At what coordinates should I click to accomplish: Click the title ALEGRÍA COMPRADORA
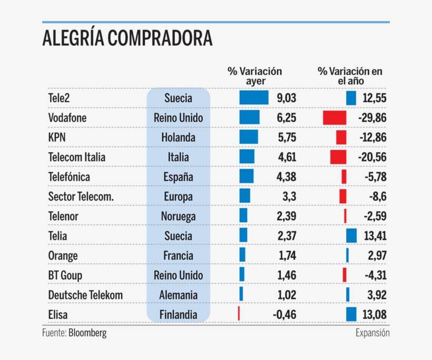(127, 39)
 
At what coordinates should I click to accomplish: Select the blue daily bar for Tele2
(253, 98)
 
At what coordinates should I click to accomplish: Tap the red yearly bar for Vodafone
(335, 118)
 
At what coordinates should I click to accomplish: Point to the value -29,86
(372, 118)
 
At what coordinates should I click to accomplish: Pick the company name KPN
(57, 138)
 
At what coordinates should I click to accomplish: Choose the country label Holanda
(178, 138)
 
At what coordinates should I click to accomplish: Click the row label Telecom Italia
(76, 157)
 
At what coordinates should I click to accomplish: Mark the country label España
(178, 177)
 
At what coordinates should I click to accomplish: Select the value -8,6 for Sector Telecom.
(376, 197)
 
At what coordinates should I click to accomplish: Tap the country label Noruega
(178, 217)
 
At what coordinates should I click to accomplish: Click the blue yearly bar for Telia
(351, 236)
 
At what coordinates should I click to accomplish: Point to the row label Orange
(63, 256)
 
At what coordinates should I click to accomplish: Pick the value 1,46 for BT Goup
(286, 275)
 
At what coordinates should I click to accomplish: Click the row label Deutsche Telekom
(85, 295)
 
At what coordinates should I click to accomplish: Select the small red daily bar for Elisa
(239, 314)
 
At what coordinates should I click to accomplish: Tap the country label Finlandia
(178, 315)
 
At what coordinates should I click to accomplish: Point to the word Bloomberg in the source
(87, 333)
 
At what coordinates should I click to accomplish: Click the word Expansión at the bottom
(372, 333)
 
